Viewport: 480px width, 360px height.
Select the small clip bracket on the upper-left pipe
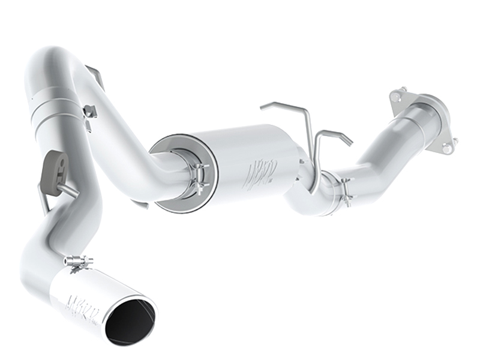pyautogui.click(x=90, y=112)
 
